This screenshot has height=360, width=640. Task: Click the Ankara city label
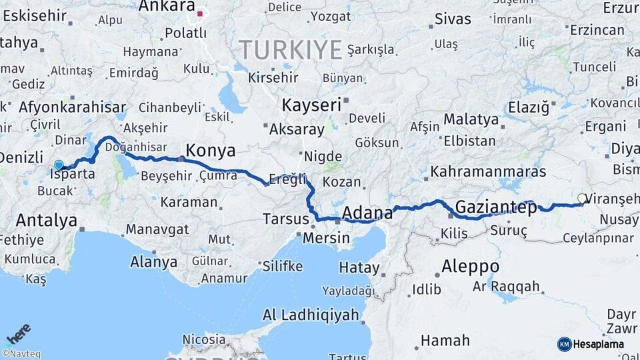tap(167, 7)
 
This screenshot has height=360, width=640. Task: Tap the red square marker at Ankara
tap(199, 13)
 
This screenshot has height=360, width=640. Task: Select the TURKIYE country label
tap(291, 49)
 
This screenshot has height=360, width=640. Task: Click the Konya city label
tap(211, 149)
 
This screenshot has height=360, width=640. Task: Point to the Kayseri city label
tap(311, 105)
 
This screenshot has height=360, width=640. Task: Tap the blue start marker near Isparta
tap(59, 165)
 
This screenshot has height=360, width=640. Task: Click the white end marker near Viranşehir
tap(582, 198)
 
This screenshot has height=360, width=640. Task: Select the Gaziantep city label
tap(496, 208)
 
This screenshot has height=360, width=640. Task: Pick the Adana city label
tap(367, 213)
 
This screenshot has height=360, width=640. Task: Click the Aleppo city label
tap(471, 266)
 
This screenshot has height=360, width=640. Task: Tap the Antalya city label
tap(47, 220)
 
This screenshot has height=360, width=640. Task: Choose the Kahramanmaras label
tap(489, 172)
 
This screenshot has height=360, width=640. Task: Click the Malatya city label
tap(471, 119)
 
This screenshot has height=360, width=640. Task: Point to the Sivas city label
tap(453, 19)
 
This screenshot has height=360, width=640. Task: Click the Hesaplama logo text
tap(598, 344)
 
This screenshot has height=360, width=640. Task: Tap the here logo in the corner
tap(18, 334)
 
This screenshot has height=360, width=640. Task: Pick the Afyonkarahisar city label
tap(73, 107)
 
